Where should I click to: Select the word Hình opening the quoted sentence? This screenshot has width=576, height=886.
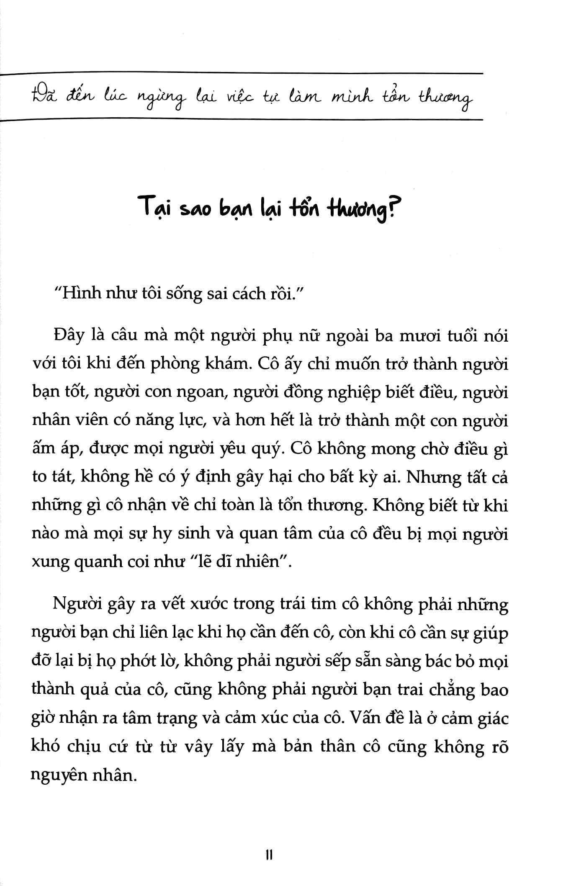pos(79,294)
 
